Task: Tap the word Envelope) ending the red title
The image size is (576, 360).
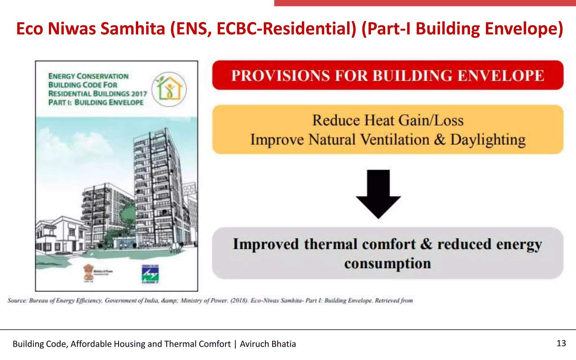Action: point(524,29)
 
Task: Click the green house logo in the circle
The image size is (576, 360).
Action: point(169,89)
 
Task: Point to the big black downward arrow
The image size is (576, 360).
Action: point(378,194)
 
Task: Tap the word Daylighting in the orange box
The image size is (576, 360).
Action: point(488,140)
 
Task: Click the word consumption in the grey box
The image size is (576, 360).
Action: point(388,264)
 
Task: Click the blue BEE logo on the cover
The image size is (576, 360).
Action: point(150,274)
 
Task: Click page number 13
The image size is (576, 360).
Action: point(561,343)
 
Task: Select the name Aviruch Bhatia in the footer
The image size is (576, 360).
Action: point(268,344)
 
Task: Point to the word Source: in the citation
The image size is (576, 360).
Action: point(17,300)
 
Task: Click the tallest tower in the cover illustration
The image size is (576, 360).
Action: point(157,183)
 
